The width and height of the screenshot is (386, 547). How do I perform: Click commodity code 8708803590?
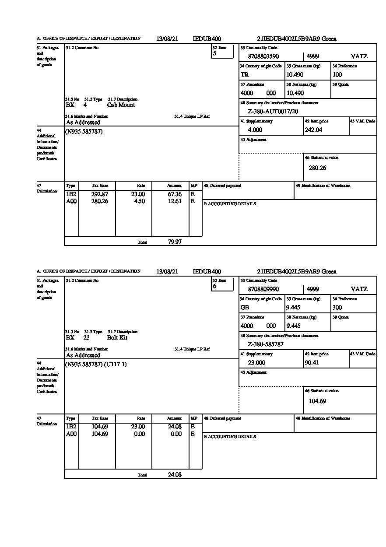[263, 56]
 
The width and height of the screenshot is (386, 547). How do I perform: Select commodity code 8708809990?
[263, 289]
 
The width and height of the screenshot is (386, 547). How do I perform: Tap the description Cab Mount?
[121, 105]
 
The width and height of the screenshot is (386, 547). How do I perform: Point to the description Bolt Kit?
[117, 338]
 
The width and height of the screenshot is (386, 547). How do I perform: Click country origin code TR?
[245, 75]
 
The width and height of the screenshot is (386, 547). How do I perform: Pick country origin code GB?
[245, 308]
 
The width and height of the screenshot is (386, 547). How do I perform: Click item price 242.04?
[313, 130]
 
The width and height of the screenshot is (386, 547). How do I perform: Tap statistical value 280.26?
[317, 168]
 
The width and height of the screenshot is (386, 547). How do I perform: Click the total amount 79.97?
[175, 242]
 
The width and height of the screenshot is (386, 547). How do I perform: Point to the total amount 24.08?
[175, 475]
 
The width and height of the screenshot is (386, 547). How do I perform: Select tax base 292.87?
[100, 194]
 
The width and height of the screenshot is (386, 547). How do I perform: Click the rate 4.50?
[139, 201]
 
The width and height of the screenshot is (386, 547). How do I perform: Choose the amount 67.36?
[175, 194]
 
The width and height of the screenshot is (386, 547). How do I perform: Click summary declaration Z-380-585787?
[266, 344]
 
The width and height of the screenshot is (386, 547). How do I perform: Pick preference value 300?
[337, 308]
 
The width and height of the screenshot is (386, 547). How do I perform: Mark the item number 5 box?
[222, 52]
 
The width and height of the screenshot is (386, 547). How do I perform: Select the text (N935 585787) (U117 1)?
[96, 365]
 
